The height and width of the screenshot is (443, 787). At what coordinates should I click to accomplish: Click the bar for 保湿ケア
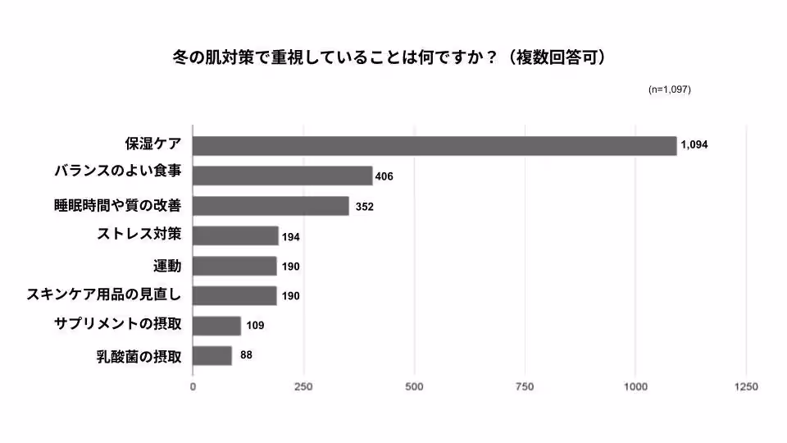tap(434, 145)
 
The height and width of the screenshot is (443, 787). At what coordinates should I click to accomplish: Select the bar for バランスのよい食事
tap(283, 176)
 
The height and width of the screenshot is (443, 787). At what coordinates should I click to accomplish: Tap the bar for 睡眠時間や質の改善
tap(271, 206)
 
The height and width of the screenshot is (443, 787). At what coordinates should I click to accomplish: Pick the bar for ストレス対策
tap(236, 236)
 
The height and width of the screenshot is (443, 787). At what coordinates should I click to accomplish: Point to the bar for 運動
tap(235, 266)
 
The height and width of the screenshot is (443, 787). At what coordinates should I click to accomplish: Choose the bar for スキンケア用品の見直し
tap(235, 295)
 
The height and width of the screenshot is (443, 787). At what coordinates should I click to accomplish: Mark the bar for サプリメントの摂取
tap(217, 326)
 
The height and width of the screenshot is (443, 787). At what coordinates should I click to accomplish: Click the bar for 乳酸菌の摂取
tap(213, 356)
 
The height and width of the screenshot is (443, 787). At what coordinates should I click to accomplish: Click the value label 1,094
tap(694, 145)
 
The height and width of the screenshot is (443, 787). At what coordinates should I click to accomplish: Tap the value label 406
tap(384, 176)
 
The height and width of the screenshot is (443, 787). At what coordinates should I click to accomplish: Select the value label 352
tap(364, 207)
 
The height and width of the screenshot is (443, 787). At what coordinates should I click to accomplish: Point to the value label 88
tap(246, 355)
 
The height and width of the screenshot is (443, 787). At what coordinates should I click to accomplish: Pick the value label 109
tap(255, 326)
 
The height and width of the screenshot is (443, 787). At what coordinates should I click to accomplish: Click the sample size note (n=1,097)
tap(669, 89)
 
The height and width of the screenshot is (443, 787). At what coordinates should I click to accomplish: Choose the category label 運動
tap(167, 266)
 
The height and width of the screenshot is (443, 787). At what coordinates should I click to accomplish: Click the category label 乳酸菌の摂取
tap(139, 356)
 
